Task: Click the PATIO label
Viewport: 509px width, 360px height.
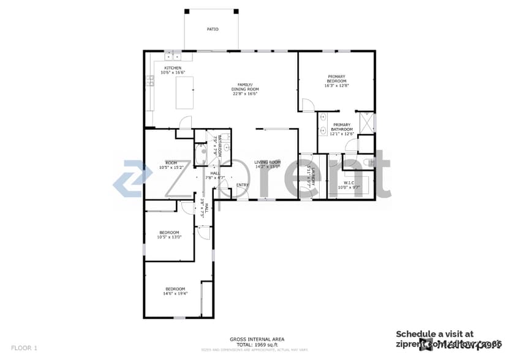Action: tap(213, 29)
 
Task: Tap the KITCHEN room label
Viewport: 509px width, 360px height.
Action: tap(172, 68)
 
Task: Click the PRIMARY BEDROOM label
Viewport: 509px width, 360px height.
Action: tap(336, 78)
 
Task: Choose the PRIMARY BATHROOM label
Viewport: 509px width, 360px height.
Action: tap(341, 127)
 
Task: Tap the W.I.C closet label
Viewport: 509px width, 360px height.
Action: tap(349, 182)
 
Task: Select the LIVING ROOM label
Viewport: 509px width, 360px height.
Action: tap(267, 162)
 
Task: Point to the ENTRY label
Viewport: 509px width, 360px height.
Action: tap(243, 185)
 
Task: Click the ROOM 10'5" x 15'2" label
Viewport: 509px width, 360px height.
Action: tap(171, 162)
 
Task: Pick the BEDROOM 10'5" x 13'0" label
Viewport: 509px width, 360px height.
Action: tap(169, 232)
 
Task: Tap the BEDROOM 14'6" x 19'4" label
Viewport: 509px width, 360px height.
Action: tap(175, 288)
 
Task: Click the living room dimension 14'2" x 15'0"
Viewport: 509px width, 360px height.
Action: tap(267, 167)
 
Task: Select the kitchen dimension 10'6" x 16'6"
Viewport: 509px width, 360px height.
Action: tap(172, 73)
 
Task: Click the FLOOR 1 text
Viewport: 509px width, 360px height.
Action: tap(24, 348)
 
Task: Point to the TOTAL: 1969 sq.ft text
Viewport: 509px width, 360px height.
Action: tap(257, 344)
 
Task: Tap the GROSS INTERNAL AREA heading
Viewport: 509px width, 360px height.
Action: tap(257, 339)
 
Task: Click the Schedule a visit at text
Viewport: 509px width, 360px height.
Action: tap(434, 334)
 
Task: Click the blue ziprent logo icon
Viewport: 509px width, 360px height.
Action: tap(135, 178)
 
